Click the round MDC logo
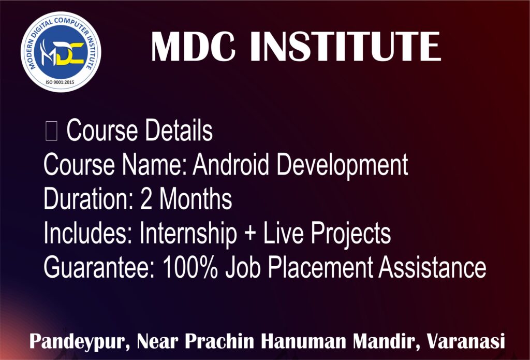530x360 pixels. [61, 52]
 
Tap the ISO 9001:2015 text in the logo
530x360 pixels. [60, 82]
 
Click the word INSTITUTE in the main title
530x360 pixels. [345, 47]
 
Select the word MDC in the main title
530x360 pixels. [193, 47]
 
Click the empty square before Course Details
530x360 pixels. [51, 131]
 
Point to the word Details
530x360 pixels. [179, 130]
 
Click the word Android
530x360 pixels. [230, 165]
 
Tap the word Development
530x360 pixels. [343, 166]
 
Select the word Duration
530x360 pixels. [87, 198]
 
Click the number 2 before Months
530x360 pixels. [146, 198]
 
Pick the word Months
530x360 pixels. [196, 198]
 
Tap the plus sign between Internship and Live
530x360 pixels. [250, 235]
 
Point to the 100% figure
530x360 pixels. [190, 267]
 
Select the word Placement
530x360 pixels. [320, 267]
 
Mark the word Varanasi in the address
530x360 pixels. [465, 341]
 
